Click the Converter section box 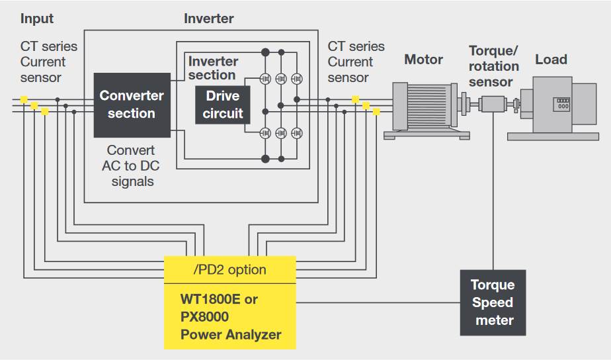(x=132, y=105)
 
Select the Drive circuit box (x=223, y=105)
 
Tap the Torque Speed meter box (x=493, y=302)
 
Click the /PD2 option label (x=229, y=269)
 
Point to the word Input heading (x=37, y=19)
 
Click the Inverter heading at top (x=208, y=19)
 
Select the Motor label (x=423, y=60)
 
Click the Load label (x=551, y=60)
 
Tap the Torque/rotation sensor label (x=493, y=66)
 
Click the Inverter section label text (x=213, y=67)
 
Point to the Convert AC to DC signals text (x=131, y=165)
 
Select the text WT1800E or (x=219, y=299)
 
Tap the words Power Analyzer (x=230, y=335)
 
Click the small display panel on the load (x=563, y=103)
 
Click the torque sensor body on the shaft (x=493, y=104)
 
